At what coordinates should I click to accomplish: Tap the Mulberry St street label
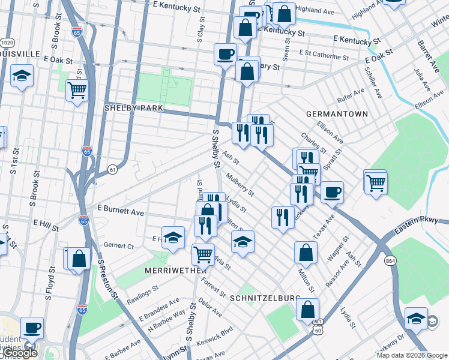[x=241, y=184]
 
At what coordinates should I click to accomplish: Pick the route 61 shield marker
[x=112, y=170]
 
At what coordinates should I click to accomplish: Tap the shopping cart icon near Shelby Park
[x=77, y=91]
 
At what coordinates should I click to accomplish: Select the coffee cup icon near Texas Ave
[x=332, y=193]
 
